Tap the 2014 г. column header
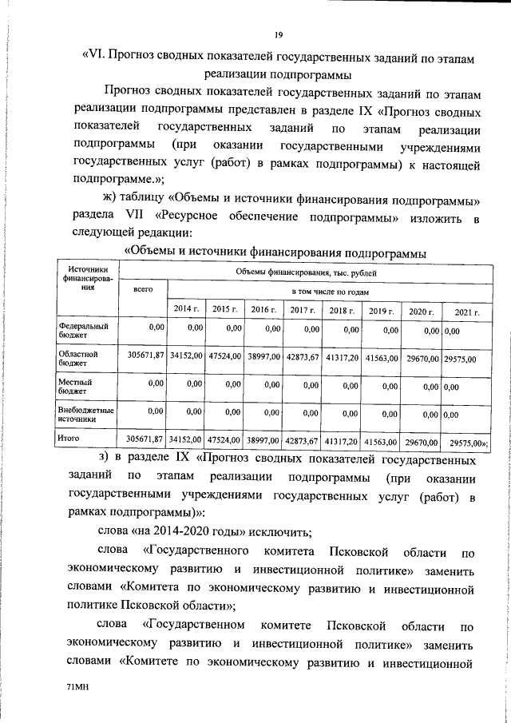(184, 309)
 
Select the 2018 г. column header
(341, 309)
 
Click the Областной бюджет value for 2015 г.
(224, 357)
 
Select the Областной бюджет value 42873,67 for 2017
(303, 357)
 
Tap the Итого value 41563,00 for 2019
(381, 439)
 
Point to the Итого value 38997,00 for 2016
(263, 439)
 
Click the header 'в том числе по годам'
(329, 292)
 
